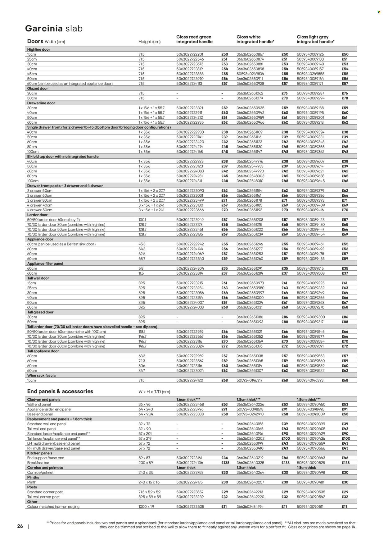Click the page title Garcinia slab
[54, 29]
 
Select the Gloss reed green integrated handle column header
[194, 39]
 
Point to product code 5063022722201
[189, 54]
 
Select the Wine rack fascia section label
[41, 375]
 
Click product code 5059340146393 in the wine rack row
[310, 380]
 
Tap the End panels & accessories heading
[60, 392]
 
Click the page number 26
[20, 526]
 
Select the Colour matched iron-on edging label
[53, 506]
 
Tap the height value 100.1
[142, 220]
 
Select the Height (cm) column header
[149, 42]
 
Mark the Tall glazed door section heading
[40, 312]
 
